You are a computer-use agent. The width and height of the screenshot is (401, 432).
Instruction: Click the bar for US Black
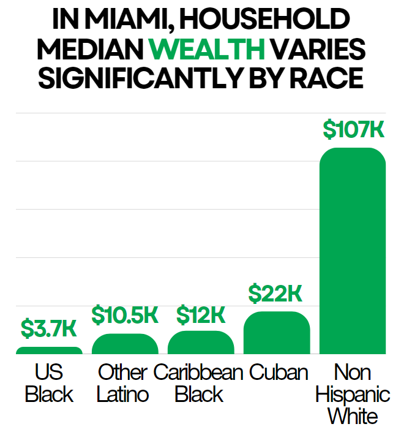point(49,351)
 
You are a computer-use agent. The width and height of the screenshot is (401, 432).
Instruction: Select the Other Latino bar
point(125,344)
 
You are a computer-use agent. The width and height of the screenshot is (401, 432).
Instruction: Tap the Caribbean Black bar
point(201,343)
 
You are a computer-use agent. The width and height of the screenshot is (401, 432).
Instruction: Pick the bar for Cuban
point(277,333)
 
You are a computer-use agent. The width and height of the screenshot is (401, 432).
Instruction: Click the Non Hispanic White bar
point(353,251)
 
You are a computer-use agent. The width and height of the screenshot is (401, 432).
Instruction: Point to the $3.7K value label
point(49,328)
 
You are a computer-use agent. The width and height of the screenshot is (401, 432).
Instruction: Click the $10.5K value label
point(125,314)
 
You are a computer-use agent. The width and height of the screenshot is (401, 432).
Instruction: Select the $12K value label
point(201,314)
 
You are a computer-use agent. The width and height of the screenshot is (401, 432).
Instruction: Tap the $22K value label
point(275,294)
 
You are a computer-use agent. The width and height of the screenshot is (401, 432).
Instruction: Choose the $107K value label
point(353,129)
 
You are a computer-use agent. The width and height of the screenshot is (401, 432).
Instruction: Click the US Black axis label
point(49,383)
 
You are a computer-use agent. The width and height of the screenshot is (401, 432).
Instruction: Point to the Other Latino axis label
point(123,383)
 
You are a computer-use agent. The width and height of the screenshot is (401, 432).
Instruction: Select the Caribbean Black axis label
point(198,383)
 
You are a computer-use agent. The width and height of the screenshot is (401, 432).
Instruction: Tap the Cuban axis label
point(279,373)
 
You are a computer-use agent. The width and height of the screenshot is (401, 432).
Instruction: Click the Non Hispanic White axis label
point(353,394)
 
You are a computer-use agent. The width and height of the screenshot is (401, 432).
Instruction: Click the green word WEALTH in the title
point(207,49)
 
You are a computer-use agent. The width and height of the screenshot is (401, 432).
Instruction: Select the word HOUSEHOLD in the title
point(264,18)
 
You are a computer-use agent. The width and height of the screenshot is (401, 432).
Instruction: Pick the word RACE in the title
point(326,78)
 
